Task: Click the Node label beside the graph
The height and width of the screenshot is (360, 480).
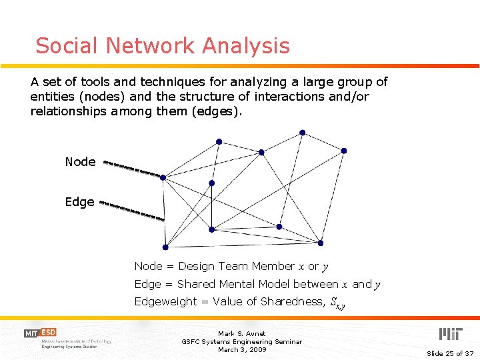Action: pyautogui.click(x=80, y=162)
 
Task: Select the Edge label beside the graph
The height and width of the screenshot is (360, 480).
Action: pyautogui.click(x=79, y=202)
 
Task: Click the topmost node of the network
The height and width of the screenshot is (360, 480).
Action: pyautogui.click(x=302, y=133)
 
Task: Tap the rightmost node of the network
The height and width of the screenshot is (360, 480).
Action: pyautogui.click(x=344, y=151)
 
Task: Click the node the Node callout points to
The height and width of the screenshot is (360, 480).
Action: pyautogui.click(x=163, y=177)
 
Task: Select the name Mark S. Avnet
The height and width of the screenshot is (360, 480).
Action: pyautogui.click(x=241, y=333)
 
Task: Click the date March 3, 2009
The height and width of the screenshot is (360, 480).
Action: pyautogui.click(x=241, y=349)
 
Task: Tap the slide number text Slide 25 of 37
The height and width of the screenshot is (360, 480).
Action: pyautogui.click(x=449, y=353)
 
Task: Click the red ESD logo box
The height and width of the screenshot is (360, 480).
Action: pyautogui.click(x=48, y=332)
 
